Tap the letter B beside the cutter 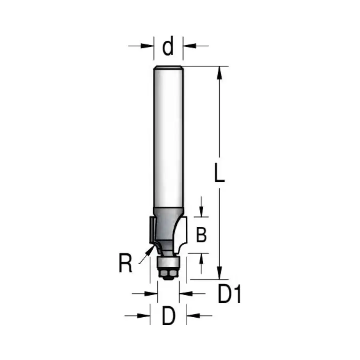(201, 235)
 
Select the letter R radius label (125, 263)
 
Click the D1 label (229, 294)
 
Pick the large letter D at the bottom (168, 316)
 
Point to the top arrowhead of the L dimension (220, 72)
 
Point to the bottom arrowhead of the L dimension (220, 273)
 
